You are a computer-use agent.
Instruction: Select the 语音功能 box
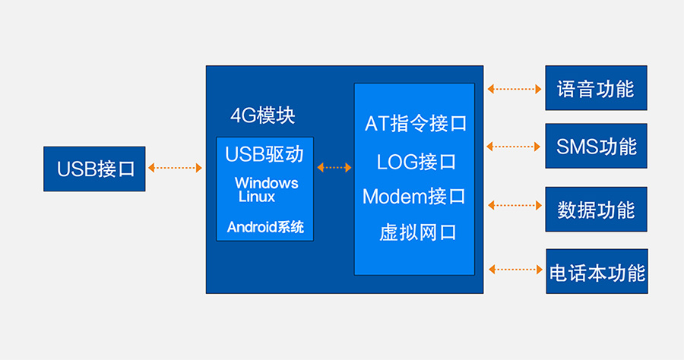(596, 88)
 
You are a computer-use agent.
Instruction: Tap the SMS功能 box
(596, 146)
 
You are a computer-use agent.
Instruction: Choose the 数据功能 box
(596, 209)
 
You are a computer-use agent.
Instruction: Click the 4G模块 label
(263, 115)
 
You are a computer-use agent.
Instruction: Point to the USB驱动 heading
(264, 154)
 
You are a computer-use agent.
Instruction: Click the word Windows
(266, 183)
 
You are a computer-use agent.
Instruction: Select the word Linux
(257, 197)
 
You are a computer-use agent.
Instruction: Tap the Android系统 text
(265, 226)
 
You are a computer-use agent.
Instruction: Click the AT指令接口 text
(416, 123)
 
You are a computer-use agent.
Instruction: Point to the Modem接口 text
(414, 197)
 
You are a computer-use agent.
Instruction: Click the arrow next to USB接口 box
(176, 167)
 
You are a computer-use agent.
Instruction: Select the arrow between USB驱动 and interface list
(334, 167)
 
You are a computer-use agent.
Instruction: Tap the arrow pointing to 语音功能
(514, 89)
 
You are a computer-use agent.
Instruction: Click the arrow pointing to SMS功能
(514, 146)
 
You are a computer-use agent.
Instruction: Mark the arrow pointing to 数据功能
(514, 205)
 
